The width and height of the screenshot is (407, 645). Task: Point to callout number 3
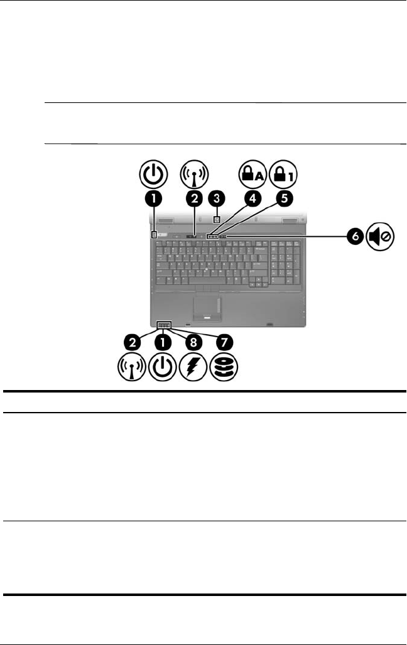[x=217, y=199]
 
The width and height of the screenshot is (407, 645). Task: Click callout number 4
[x=253, y=199]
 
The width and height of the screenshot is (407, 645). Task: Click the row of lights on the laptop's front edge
[x=165, y=325]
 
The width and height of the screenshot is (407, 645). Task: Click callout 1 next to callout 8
[x=163, y=342]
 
